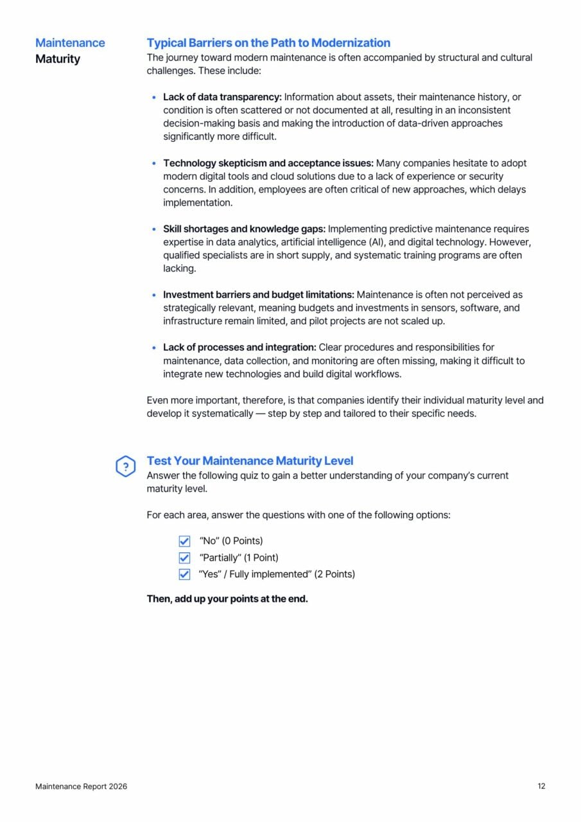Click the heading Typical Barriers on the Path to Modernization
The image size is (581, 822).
click(268, 43)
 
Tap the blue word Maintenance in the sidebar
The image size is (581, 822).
click(70, 43)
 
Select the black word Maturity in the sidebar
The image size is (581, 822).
click(58, 59)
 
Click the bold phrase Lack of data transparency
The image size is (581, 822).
click(222, 97)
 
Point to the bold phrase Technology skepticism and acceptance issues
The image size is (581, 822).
click(268, 163)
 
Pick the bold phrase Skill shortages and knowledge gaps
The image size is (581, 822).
click(245, 229)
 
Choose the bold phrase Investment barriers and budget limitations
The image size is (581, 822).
click(258, 295)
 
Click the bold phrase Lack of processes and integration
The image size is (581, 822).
click(239, 347)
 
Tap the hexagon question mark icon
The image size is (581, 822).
click(125, 467)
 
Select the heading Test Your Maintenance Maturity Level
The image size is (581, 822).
click(250, 460)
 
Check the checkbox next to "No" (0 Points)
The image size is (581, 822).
click(184, 541)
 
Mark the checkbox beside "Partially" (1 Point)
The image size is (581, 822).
click(184, 558)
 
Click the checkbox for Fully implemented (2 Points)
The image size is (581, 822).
click(184, 574)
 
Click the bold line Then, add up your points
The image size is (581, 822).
click(227, 600)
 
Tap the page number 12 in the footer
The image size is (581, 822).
click(541, 786)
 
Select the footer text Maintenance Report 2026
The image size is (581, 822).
click(81, 786)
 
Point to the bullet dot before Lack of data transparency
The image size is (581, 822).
click(154, 98)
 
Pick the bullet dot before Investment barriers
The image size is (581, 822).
click(154, 295)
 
